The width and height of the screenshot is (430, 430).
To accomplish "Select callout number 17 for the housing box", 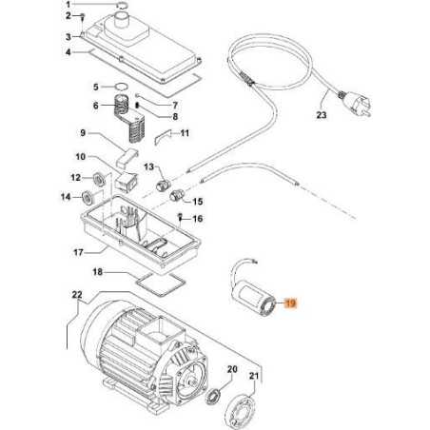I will (83, 252).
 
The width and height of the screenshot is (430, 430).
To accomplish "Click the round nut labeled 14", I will (90, 198).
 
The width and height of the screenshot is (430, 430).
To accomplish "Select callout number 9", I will (83, 131).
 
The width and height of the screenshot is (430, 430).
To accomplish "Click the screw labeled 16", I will (179, 218).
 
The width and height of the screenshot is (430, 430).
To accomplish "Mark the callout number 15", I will (199, 202).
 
